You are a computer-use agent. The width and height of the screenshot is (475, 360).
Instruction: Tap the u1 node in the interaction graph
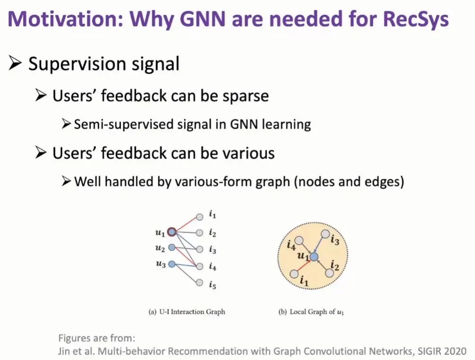click(x=172, y=232)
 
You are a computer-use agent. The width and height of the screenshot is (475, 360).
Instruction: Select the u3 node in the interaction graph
click(x=172, y=264)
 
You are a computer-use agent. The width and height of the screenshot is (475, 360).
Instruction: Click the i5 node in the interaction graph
click(x=199, y=284)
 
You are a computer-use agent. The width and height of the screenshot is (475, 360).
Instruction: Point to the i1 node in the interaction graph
click(x=199, y=216)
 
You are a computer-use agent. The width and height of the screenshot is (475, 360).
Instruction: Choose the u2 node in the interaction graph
click(x=172, y=247)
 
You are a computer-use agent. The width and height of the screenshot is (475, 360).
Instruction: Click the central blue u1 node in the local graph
click(x=314, y=257)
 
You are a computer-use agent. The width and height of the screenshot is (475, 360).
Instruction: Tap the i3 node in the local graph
click(x=325, y=234)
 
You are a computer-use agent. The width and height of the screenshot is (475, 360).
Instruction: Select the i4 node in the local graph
click(x=299, y=241)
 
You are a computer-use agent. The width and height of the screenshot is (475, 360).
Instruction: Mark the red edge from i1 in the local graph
click(x=303, y=265)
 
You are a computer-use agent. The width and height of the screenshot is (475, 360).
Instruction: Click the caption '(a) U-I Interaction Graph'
click(x=187, y=312)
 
